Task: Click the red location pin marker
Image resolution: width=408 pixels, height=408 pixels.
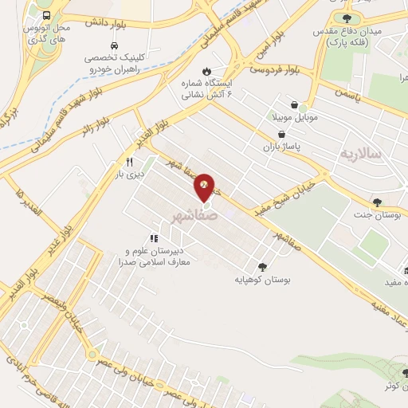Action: point(205,186)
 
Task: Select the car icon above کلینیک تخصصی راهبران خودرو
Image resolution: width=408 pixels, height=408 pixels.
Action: point(116,45)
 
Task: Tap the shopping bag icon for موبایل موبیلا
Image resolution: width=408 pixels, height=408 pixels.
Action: point(296,105)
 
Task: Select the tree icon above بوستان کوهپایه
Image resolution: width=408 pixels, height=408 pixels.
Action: point(262,267)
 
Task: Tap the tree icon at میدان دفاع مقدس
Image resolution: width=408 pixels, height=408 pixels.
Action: point(346,18)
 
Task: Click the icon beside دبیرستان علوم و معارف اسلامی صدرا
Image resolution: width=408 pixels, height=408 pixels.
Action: point(154,237)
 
